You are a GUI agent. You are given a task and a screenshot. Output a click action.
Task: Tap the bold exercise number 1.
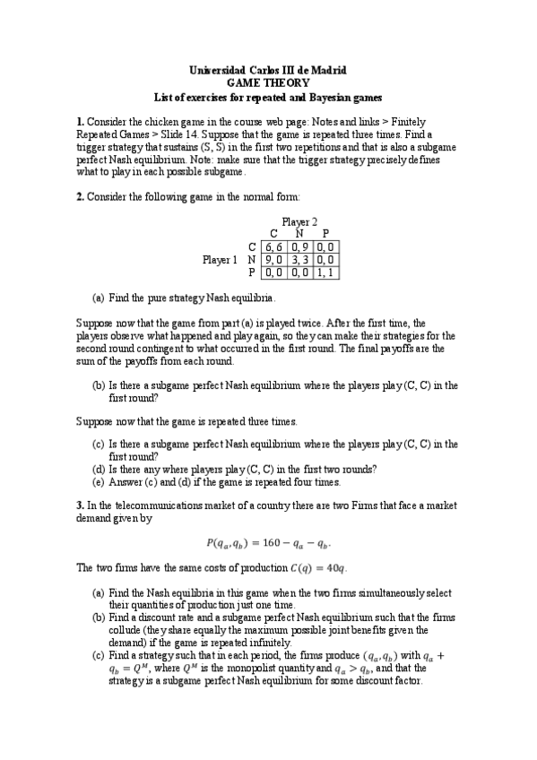[80, 121]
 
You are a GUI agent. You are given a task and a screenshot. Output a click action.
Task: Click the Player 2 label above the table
[299, 222]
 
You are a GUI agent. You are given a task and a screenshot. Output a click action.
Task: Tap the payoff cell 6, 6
[274, 247]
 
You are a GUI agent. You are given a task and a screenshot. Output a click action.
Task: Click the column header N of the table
[299, 235]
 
